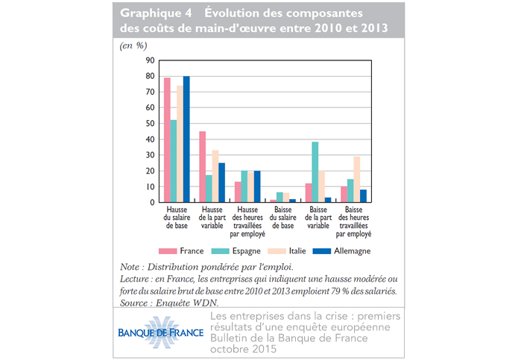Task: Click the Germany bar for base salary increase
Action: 186,139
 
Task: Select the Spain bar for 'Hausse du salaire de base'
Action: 174,161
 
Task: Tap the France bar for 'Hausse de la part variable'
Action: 203,167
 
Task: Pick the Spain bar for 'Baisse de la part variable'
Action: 315,172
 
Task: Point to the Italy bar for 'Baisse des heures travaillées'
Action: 357,180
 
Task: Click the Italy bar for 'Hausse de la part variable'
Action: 215,176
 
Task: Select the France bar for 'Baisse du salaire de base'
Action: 274,200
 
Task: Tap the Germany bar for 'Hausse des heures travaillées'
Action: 257,186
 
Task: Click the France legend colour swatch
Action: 168,251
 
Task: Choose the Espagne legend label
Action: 247,251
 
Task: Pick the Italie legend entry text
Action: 297,251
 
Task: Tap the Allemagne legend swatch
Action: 322,251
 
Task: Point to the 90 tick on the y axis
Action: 150,60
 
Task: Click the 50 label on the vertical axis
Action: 150,124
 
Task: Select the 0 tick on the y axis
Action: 152,203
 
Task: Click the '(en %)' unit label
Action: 133,45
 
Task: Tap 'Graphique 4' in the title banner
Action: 156,13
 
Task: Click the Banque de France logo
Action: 161,332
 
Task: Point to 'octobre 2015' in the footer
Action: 243,349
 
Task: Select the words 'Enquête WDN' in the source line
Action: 186,303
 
